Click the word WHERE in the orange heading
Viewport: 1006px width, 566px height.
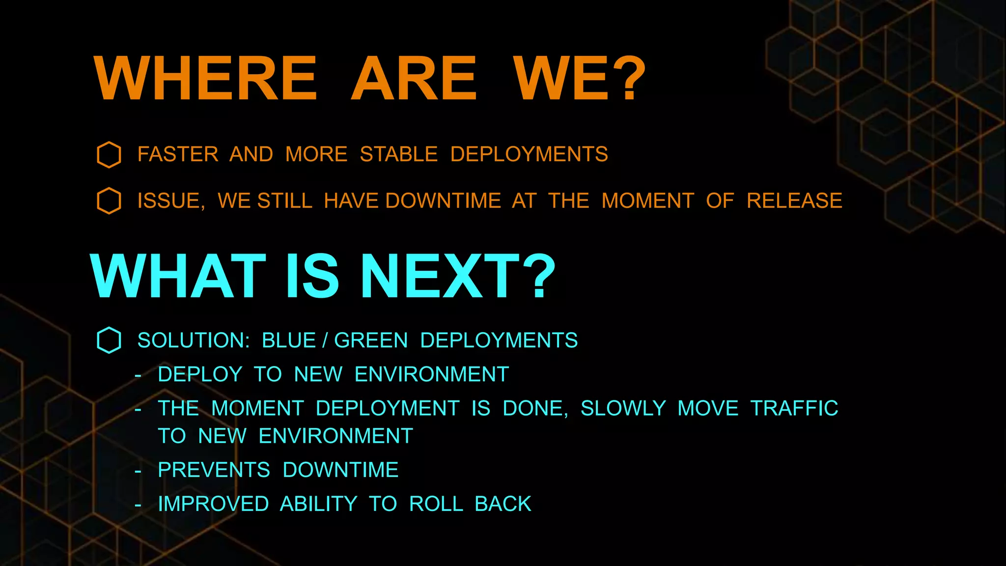pyautogui.click(x=205, y=79)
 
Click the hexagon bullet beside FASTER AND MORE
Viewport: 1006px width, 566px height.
pyautogui.click(x=109, y=155)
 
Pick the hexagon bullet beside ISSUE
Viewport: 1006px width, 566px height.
pyautogui.click(x=109, y=201)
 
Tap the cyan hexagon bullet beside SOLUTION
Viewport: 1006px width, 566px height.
pyautogui.click(x=109, y=340)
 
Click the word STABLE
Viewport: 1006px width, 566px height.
pyautogui.click(x=398, y=154)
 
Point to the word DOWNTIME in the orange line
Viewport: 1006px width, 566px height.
pyautogui.click(x=443, y=201)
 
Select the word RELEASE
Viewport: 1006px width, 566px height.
pyautogui.click(x=794, y=201)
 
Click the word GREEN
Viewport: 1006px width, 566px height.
pyautogui.click(x=371, y=340)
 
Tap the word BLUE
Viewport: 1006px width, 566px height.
pyautogui.click(x=289, y=340)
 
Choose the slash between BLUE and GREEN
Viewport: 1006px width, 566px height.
pyautogui.click(x=325, y=340)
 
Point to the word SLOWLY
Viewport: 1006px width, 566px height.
pyautogui.click(x=623, y=408)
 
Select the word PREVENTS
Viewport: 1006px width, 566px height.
pyautogui.click(x=214, y=470)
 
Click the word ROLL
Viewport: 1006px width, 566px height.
pyautogui.click(x=436, y=504)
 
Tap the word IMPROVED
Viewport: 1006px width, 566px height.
pyautogui.click(x=213, y=504)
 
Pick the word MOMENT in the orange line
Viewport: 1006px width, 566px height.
pyautogui.click(x=647, y=201)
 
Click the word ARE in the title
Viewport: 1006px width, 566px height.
pyautogui.click(x=414, y=79)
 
